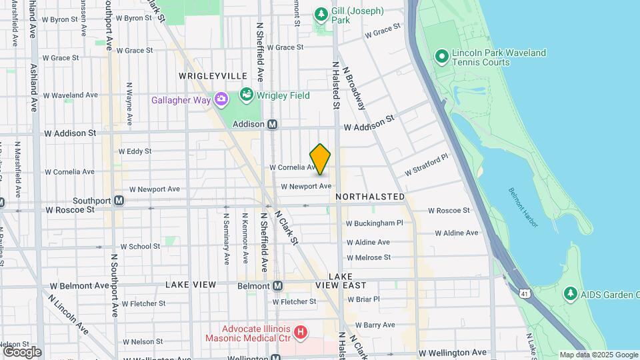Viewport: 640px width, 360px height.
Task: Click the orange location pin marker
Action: pos(320,159)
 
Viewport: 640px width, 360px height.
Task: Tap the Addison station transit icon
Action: pos(272,125)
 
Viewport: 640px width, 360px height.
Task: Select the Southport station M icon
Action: pos(119,200)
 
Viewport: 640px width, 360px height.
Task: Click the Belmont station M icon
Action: pos(277,285)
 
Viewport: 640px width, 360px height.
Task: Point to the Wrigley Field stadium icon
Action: pos(247,95)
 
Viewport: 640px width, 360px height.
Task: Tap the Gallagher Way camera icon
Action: pos(221,100)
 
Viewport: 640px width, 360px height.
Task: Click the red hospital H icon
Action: pos(301,331)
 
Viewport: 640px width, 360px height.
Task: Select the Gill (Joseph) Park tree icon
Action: pos(321,14)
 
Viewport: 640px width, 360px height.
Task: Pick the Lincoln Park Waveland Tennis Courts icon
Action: pos(441,56)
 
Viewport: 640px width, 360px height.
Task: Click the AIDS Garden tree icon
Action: pos(569,293)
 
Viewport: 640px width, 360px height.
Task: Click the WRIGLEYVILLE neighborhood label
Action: pos(213,77)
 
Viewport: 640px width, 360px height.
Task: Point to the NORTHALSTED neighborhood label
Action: pos(370,197)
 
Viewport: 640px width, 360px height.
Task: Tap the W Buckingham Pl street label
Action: pos(375,223)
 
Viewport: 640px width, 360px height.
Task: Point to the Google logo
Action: pos(22,351)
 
